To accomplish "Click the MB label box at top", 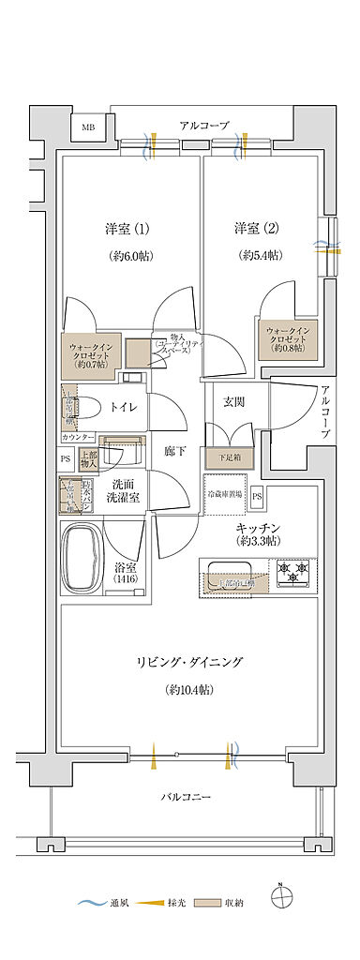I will [x=87, y=127].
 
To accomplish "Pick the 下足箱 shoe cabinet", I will [x=229, y=458].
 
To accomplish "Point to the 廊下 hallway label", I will [x=174, y=452].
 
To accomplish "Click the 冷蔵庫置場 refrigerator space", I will [x=224, y=493].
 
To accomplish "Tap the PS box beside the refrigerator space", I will [x=257, y=495].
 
